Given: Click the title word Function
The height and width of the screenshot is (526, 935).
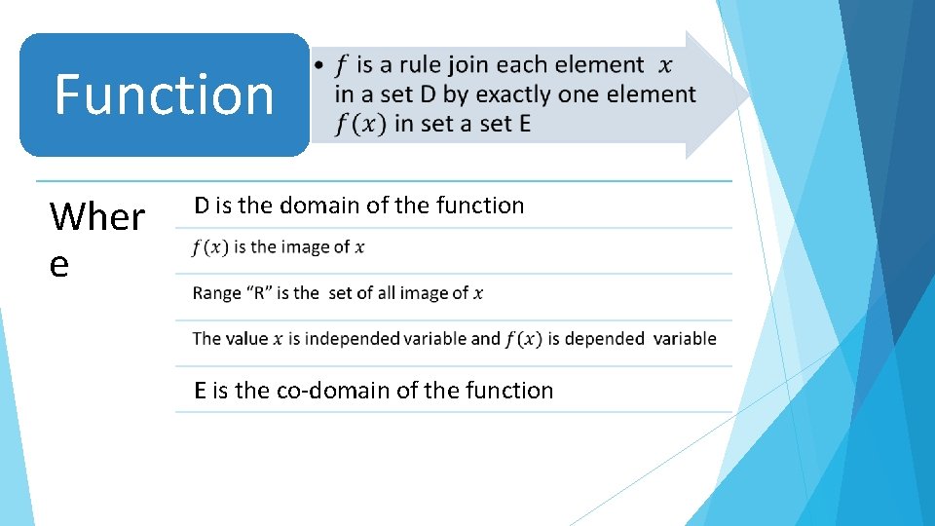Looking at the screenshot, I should (164, 94).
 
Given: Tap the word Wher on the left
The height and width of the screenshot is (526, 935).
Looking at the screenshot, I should (97, 216).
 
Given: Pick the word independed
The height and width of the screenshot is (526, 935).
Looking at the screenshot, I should (351, 339).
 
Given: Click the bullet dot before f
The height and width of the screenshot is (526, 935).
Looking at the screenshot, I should (319, 66).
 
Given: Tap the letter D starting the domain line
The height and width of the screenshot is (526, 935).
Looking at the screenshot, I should (201, 206).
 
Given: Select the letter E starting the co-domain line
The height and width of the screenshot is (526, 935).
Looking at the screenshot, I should (200, 391).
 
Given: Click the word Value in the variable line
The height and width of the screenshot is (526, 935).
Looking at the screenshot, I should (246, 339).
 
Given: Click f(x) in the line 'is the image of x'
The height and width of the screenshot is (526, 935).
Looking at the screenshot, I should (209, 247).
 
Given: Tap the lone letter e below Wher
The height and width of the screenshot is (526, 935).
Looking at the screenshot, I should (59, 264).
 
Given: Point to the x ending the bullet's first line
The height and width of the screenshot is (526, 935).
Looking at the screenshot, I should (665, 66).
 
